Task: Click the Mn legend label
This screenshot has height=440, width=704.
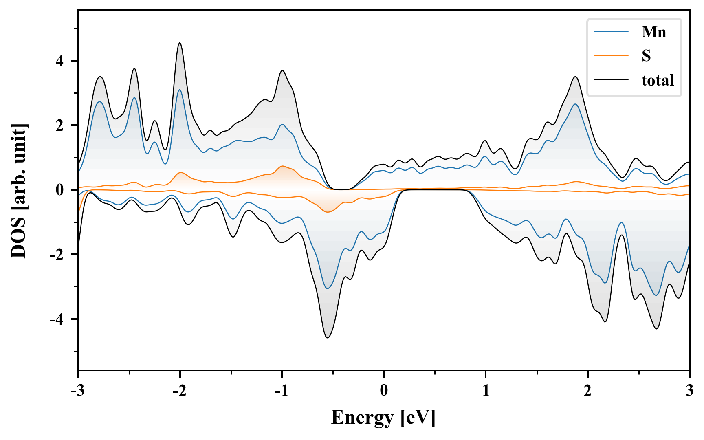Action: [653, 32]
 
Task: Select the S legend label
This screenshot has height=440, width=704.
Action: [646, 56]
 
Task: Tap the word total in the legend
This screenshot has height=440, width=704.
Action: [658, 80]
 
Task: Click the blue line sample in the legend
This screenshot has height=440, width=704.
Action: [611, 32]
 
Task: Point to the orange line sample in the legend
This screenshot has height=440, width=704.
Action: [611, 56]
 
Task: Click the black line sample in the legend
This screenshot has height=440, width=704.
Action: [611, 80]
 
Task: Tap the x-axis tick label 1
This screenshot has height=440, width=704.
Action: [486, 390]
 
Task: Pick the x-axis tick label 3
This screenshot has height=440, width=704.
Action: [689, 390]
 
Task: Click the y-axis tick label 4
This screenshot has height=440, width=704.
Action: [59, 61]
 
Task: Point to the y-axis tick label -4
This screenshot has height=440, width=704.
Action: [57, 319]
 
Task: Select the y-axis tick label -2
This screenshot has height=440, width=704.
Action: [57, 255]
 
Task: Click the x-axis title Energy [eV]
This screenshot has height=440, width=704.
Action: [383, 418]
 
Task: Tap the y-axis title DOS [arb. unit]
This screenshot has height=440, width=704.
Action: [19, 190]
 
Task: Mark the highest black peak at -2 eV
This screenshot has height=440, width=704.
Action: [180, 43]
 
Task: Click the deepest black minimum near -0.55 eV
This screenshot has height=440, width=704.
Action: [328, 337]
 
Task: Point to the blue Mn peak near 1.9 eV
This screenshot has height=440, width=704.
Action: [575, 104]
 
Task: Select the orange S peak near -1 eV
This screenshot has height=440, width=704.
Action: [282, 166]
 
